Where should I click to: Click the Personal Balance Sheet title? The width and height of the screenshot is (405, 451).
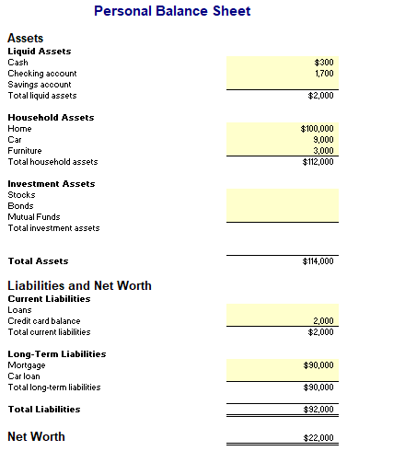[172, 11]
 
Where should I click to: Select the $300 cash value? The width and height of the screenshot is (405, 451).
[323, 63]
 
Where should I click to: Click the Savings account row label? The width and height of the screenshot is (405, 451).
[39, 85]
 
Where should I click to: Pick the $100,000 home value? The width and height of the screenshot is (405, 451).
[318, 129]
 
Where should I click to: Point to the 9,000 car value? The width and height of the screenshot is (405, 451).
[323, 140]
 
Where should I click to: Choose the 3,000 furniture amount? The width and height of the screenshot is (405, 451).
[323, 151]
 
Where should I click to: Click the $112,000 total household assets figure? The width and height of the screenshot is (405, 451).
[318, 162]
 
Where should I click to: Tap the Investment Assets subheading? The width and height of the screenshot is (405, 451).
[51, 184]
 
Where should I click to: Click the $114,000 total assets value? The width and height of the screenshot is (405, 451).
[318, 261]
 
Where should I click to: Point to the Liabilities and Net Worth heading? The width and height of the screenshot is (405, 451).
[79, 285]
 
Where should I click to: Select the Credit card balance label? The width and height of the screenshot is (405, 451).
[44, 321]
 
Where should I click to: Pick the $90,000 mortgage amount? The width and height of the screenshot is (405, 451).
[318, 365]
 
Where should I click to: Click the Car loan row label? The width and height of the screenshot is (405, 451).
[25, 376]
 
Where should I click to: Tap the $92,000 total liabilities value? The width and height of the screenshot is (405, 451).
[318, 410]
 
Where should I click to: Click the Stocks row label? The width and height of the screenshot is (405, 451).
[21, 195]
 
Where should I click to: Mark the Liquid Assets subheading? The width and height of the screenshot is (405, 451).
[39, 52]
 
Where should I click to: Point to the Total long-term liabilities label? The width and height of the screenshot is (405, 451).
[53, 387]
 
